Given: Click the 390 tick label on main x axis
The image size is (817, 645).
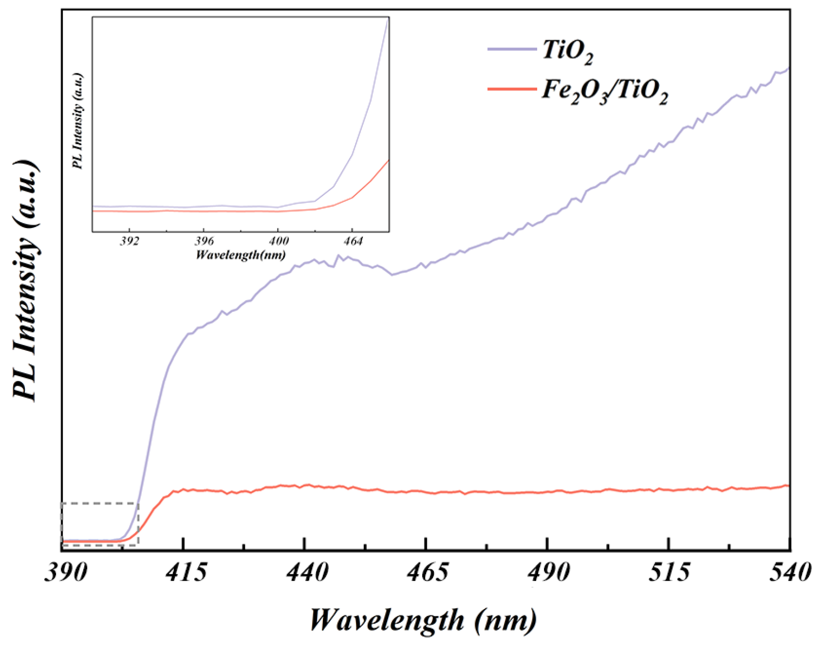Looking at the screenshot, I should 66,573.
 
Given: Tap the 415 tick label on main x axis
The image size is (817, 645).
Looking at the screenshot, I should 186,573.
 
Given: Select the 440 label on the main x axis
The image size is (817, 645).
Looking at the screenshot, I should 307,573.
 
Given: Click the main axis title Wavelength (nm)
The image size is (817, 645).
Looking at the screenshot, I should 423,620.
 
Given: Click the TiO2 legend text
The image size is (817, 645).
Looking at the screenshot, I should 567,51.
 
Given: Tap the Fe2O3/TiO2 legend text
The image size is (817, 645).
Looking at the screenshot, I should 605,91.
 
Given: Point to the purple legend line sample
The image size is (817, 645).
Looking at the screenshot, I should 512,48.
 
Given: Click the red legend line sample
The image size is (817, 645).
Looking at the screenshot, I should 512,89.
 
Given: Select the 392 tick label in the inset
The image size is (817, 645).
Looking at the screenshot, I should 130,241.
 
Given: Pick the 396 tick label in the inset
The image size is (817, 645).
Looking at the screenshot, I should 204,241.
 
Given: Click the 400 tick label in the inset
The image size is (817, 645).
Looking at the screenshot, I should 278,241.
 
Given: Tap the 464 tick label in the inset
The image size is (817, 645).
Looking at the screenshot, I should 352,241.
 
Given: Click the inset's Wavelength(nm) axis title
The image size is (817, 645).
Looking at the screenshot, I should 240,255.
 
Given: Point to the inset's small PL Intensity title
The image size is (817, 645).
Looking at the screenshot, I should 78,121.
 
